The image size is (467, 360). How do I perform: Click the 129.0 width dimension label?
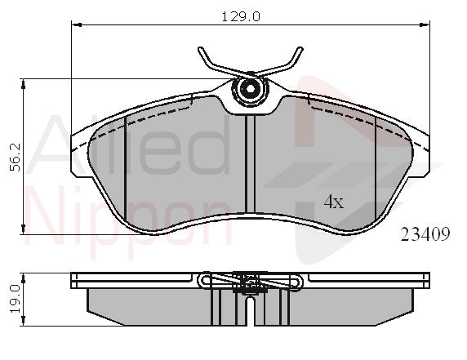[x=241, y=16]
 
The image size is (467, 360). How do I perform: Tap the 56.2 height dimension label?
[x=16, y=157]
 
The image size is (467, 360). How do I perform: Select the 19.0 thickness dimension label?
[x=16, y=298]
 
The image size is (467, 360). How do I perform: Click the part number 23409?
[x=425, y=234]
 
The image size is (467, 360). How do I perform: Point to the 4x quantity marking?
[x=334, y=202]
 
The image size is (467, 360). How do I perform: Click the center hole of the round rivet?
[x=250, y=88]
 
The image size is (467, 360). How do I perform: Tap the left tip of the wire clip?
[x=200, y=49]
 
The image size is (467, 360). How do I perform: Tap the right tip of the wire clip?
[x=300, y=49]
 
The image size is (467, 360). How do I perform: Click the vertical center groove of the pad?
[x=250, y=164]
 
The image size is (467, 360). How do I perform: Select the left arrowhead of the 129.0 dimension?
[x=77, y=24]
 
